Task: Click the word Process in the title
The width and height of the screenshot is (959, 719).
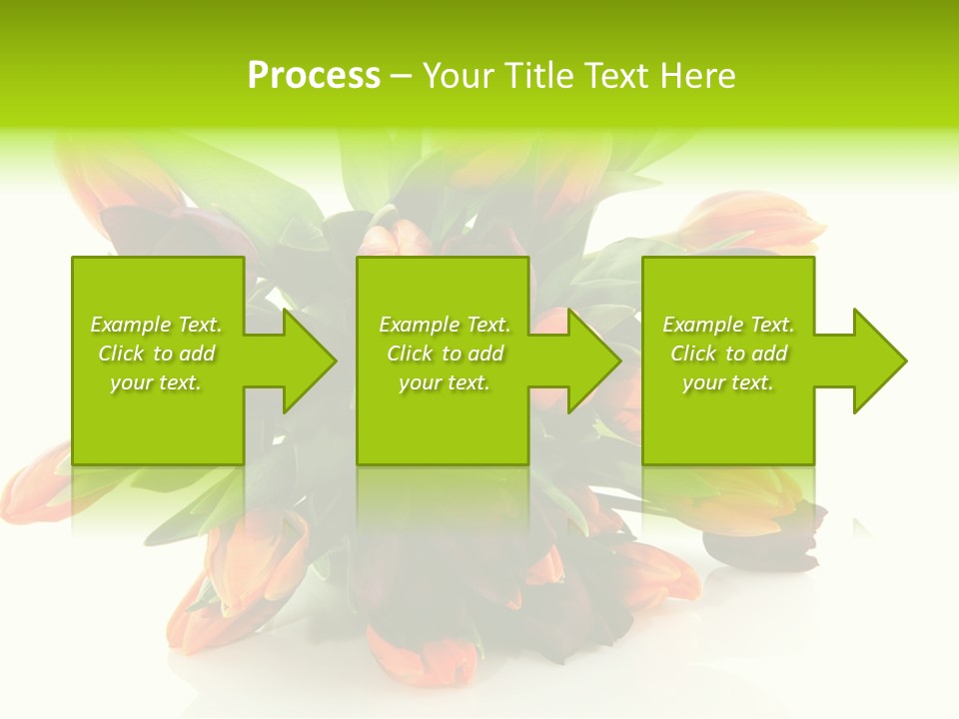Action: click(314, 76)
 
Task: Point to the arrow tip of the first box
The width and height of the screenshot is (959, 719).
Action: click(334, 360)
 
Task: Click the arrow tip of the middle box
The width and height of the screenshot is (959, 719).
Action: click(618, 360)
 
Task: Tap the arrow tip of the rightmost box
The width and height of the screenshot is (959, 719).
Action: click(904, 360)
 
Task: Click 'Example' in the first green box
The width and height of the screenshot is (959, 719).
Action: click(130, 325)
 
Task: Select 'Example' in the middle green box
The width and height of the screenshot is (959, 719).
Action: click(419, 325)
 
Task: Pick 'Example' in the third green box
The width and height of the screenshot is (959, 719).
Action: click(702, 325)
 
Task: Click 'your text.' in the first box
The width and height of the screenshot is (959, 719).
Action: click(156, 382)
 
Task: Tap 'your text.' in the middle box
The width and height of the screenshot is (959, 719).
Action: click(444, 382)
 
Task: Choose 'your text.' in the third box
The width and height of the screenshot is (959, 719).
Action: click(728, 382)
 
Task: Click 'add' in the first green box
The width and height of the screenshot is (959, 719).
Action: click(197, 354)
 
